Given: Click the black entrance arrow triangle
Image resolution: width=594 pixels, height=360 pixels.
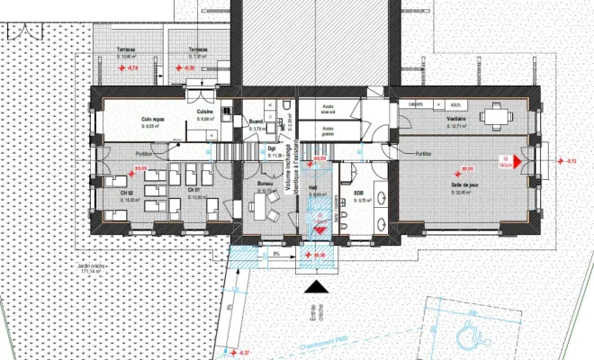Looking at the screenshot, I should point(317,287).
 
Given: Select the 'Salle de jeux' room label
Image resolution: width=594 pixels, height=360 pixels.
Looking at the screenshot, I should point(464,185).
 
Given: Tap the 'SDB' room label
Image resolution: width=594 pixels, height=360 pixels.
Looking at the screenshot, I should point(357,193).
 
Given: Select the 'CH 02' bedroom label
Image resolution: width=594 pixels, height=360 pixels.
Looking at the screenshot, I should point(126,191).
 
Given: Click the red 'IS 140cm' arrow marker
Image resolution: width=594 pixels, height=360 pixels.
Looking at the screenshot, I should point(507,160).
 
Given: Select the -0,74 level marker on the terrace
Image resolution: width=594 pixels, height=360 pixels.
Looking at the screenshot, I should point(131,68).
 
